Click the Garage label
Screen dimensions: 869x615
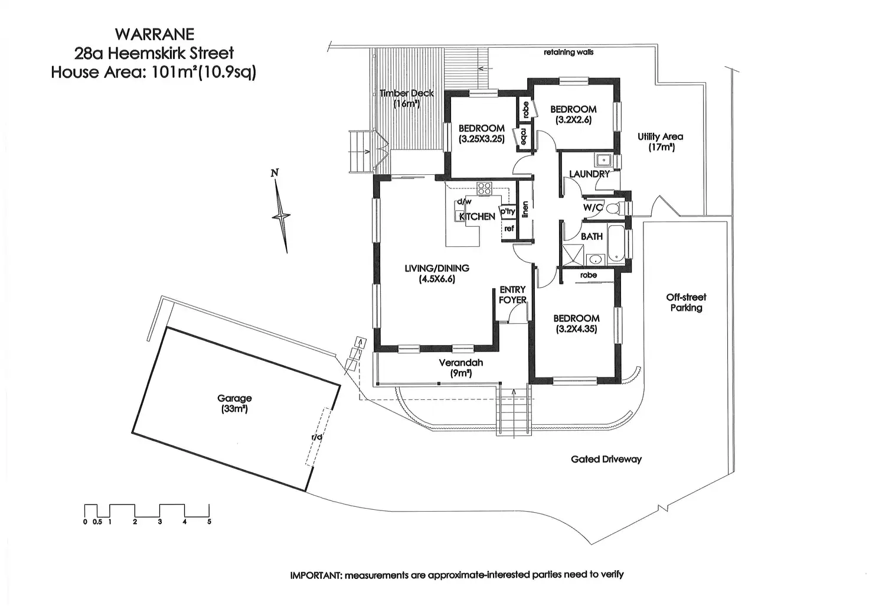point(234,399)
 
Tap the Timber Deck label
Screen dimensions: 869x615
point(407,93)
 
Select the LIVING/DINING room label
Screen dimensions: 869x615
point(437,268)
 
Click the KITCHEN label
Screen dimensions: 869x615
point(477,217)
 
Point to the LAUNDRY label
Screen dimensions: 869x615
point(589,174)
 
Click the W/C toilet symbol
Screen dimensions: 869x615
point(613,208)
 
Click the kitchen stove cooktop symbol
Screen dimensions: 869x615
point(484,189)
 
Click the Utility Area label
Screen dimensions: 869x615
point(660,137)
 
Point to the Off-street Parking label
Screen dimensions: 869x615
point(686,302)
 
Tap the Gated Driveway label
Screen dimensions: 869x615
point(606,459)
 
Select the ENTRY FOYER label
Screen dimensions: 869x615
point(512,295)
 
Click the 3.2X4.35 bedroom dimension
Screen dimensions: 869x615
point(576,329)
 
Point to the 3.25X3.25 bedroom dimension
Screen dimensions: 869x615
point(481,140)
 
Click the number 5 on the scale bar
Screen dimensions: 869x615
point(209,522)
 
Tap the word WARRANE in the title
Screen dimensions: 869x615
point(155,35)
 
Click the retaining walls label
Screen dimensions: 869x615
point(569,53)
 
